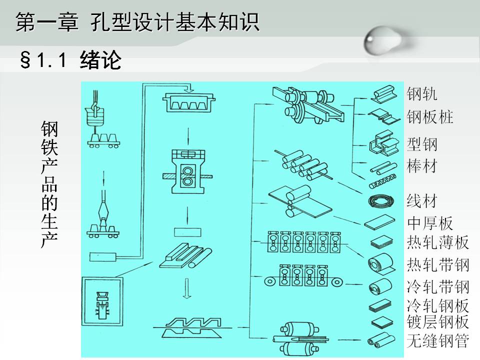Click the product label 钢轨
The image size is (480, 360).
[x=422, y=93]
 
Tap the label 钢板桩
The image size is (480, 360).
[x=430, y=116]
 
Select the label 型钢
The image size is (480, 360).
[x=422, y=144]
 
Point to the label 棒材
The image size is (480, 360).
[x=422, y=166]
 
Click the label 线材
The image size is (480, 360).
[x=422, y=201]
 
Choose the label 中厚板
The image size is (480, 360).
[x=430, y=223]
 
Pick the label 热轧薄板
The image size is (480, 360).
[x=438, y=242]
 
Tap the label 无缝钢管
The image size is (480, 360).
[x=438, y=340]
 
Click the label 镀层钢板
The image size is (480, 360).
[x=438, y=321]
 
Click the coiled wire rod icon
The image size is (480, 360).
[x=381, y=201]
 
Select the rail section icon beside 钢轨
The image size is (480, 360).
[x=383, y=94]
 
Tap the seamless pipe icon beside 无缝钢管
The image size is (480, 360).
[x=381, y=340]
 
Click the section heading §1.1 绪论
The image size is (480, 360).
[x=70, y=59]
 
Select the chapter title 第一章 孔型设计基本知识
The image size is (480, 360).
[x=137, y=22]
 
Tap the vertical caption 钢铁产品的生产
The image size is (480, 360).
[x=49, y=184]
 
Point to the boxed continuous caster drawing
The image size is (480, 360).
[x=102, y=301]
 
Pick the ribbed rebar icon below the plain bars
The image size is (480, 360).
[x=382, y=181]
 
